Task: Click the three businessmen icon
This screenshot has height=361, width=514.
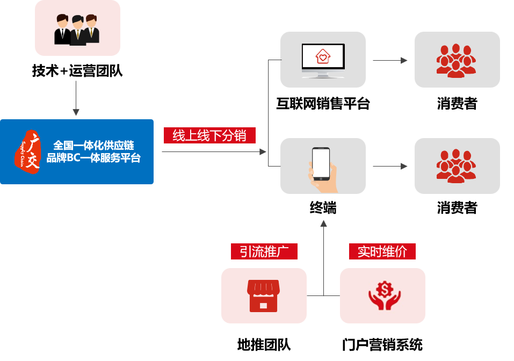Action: point(77,29)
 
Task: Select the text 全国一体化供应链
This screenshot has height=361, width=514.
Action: point(93,145)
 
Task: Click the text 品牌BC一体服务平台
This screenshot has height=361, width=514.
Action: point(93,158)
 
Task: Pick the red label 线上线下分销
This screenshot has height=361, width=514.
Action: point(209,136)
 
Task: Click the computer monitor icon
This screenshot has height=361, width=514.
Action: point(323,60)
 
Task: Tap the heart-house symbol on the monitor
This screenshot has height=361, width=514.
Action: point(323,56)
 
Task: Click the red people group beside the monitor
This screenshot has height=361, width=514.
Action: point(456,60)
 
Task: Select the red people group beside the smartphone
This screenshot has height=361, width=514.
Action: point(456,166)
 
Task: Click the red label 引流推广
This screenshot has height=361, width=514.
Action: point(264,252)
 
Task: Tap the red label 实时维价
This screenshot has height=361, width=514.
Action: point(382,252)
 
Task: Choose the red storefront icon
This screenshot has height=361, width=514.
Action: point(263,295)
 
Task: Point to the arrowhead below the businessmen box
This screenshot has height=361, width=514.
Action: point(76,112)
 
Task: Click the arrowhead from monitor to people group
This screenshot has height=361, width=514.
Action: point(404,61)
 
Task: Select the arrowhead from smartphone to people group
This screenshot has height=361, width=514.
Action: point(404,167)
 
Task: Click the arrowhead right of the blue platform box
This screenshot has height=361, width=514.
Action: point(263,152)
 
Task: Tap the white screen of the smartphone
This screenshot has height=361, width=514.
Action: point(321,163)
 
